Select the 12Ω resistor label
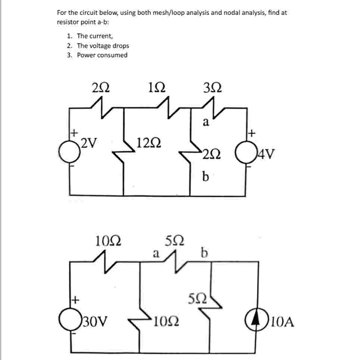coord(149,142)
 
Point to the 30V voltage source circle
coord(71,320)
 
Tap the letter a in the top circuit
coord(205,122)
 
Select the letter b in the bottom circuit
coord(203,253)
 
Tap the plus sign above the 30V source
coord(75,299)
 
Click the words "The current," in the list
coord(95,36)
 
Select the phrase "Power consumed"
coord(102,55)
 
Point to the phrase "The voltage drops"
coord(103,46)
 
